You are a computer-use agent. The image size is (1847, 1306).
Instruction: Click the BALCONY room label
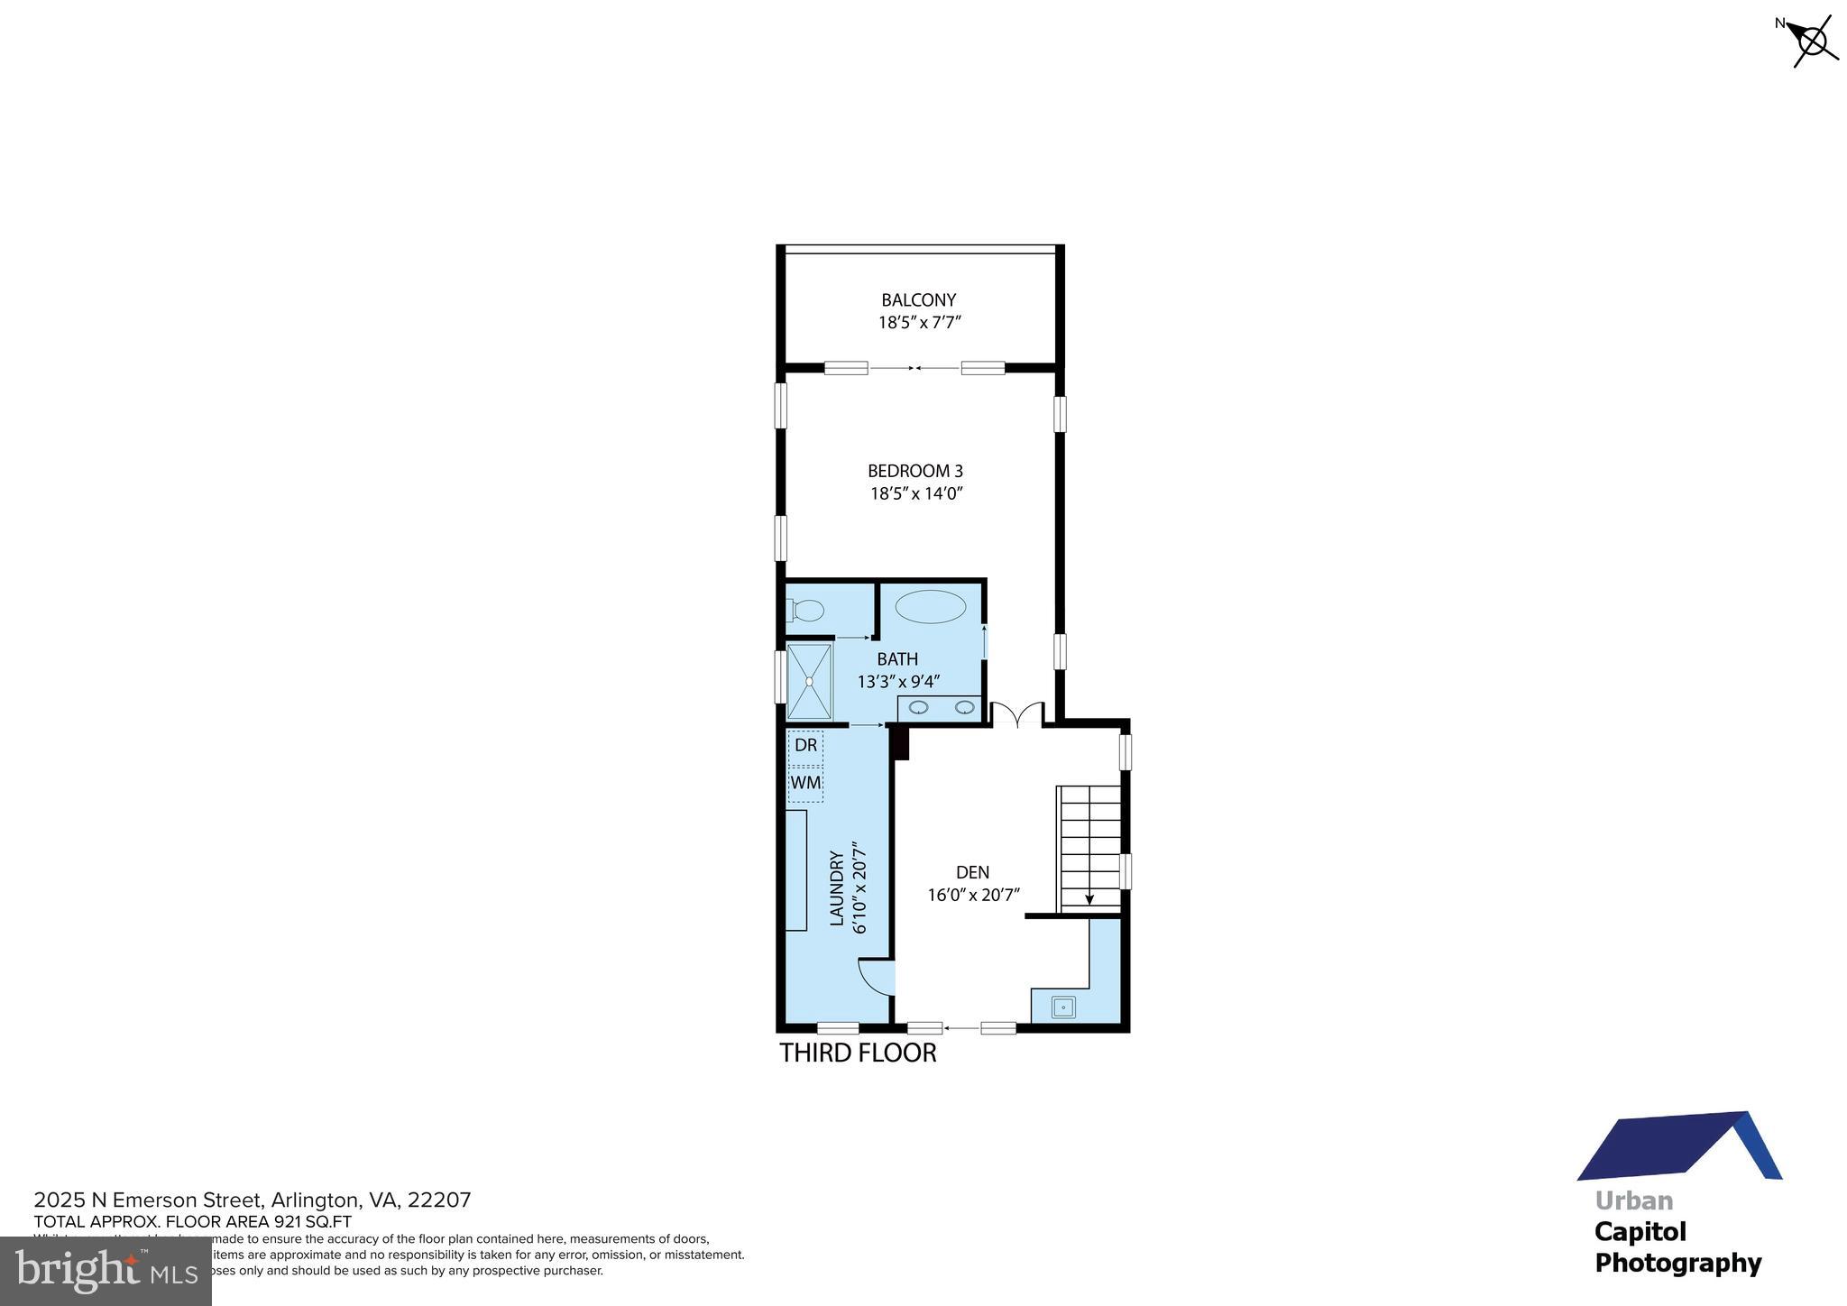918,299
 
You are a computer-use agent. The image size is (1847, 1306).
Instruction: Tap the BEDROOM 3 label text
914,471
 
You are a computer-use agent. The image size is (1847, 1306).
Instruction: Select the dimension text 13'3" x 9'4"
898,682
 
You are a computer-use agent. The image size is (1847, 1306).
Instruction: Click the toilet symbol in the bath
806,612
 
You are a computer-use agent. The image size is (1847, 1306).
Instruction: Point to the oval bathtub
930,607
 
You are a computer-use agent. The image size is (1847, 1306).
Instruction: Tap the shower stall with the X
809,681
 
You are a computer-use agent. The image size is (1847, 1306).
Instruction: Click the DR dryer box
805,746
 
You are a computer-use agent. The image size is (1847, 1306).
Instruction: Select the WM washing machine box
805,783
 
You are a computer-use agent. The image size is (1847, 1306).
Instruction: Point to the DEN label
972,872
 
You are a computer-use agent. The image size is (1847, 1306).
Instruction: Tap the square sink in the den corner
1063,1006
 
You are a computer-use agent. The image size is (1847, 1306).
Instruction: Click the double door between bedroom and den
1017,715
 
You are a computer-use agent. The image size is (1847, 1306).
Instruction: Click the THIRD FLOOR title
858,1053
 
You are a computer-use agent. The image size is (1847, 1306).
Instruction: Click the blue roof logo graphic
1678,1147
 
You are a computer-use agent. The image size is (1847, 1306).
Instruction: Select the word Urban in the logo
1633,1200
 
